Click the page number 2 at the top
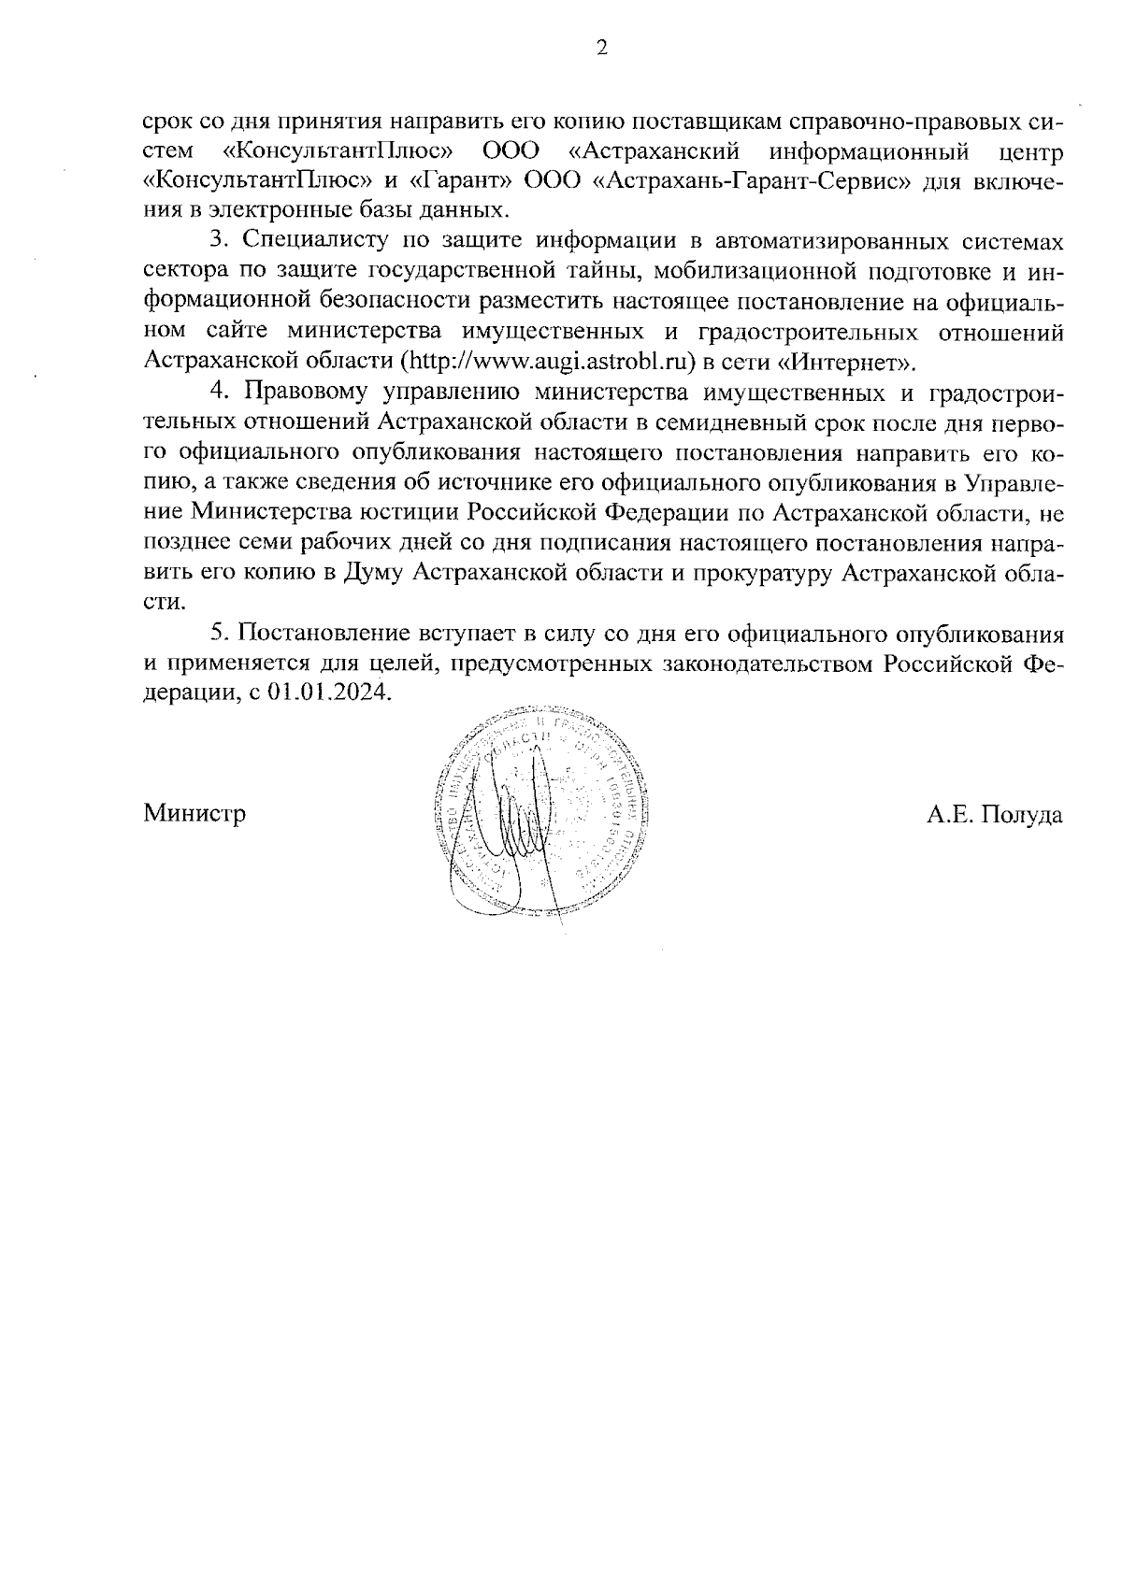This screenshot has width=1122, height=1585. (x=602, y=49)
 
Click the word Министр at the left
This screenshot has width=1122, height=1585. (x=195, y=814)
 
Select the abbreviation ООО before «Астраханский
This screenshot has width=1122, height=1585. (x=511, y=150)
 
